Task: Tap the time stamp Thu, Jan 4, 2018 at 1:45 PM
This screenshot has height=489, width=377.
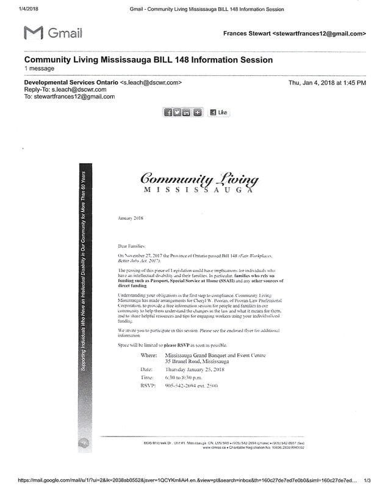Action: click(327, 82)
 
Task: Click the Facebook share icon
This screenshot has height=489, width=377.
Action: click(168, 112)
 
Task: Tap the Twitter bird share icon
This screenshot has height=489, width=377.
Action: click(178, 112)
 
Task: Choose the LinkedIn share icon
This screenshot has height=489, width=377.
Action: click(187, 112)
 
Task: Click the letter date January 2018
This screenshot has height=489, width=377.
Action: click(129, 218)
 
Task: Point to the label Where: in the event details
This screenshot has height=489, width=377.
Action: click(149, 355)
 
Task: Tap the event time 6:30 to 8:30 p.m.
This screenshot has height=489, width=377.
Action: click(186, 378)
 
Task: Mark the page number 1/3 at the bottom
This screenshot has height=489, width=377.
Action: click(367, 482)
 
